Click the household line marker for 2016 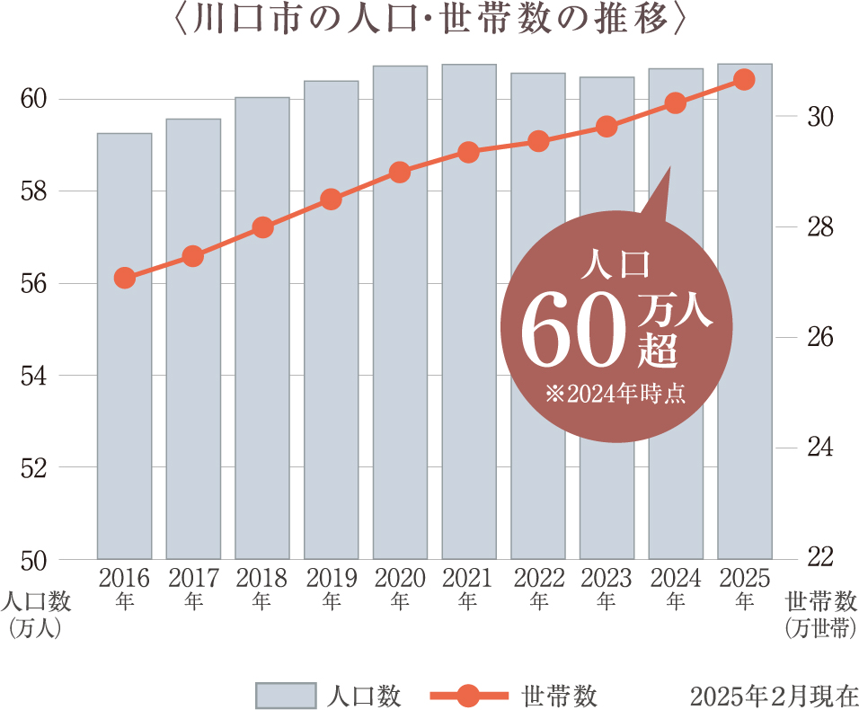[125, 279]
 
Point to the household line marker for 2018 [262, 227]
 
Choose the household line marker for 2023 [607, 127]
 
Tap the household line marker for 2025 [744, 80]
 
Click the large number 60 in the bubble [572, 329]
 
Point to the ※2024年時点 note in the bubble [615, 394]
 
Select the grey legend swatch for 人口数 [286, 695]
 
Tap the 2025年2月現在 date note [774, 696]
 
